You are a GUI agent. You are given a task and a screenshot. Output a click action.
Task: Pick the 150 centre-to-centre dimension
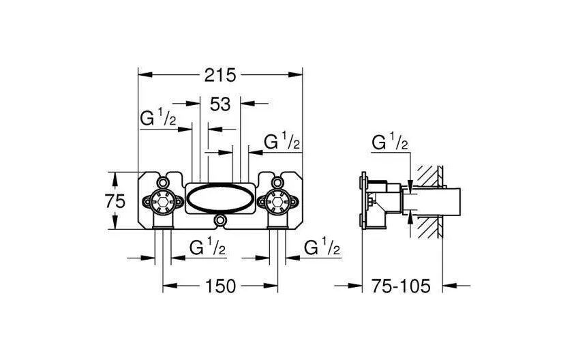[219, 286]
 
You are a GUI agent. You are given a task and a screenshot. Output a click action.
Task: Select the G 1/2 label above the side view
[390, 143]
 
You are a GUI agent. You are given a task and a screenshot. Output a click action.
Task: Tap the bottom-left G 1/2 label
[207, 247]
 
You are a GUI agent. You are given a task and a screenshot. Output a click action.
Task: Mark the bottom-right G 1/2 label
[322, 247]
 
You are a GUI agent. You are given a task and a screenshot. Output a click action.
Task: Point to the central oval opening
[219, 200]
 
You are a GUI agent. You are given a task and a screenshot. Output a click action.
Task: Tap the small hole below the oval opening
[219, 222]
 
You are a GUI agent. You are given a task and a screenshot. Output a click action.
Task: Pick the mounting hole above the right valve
[277, 183]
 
